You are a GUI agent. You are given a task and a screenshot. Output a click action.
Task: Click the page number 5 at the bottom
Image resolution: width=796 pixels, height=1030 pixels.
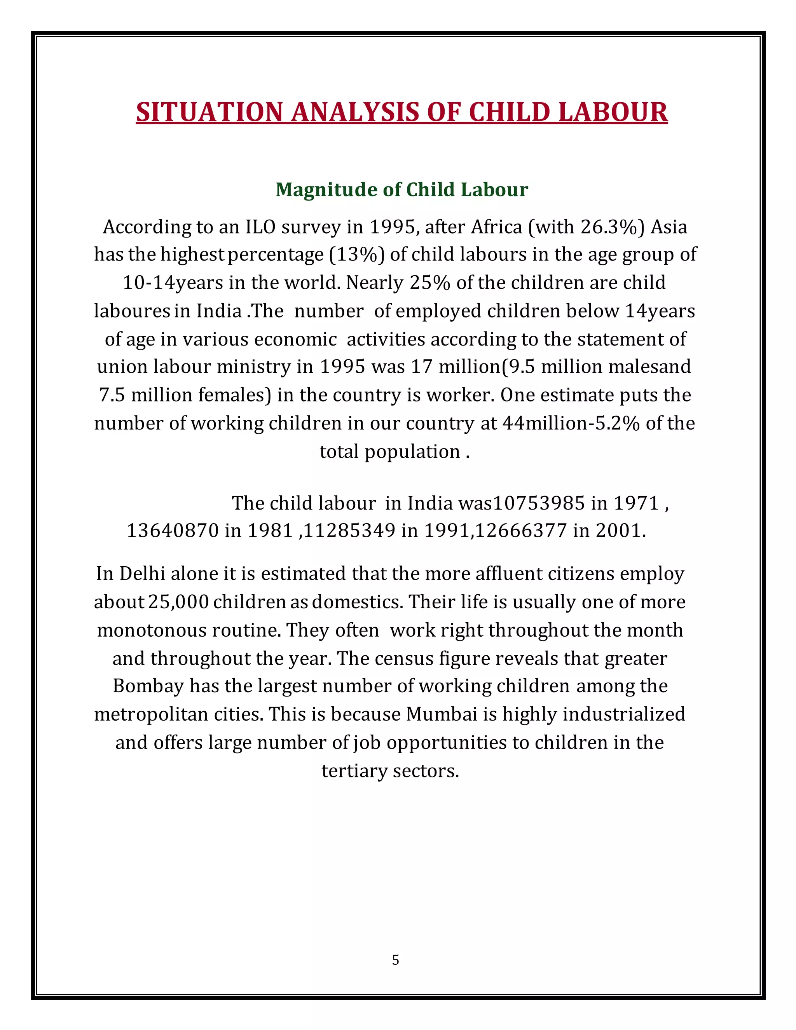(x=395, y=960)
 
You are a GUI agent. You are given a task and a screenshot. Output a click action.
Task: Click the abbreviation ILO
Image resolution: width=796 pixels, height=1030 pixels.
(x=260, y=227)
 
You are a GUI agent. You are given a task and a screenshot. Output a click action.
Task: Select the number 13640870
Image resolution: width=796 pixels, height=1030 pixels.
(x=173, y=531)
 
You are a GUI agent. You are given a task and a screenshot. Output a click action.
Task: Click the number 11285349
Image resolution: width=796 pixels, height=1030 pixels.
(x=349, y=531)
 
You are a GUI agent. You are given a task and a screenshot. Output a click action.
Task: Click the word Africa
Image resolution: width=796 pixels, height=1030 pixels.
(x=497, y=227)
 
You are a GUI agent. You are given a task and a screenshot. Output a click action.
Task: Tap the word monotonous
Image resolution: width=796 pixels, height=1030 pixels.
(x=151, y=630)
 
